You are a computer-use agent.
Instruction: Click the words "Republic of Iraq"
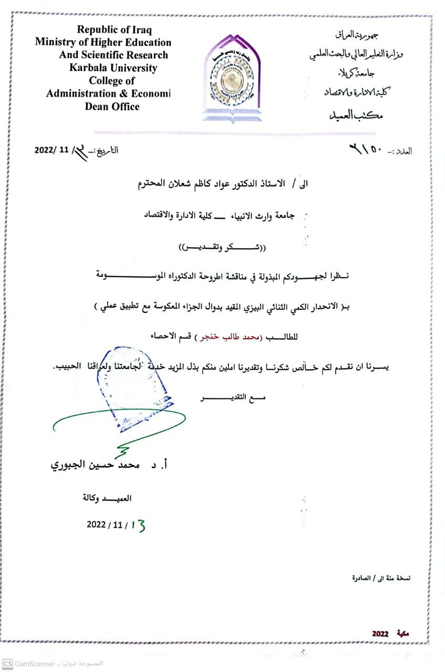click(x=114, y=29)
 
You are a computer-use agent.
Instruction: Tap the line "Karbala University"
click(x=113, y=68)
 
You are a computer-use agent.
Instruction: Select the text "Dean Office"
click(x=112, y=107)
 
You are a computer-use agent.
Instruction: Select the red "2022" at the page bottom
click(x=380, y=634)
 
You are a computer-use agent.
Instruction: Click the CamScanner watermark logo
click(x=7, y=664)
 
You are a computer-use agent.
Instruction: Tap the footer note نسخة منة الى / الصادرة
click(x=381, y=577)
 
